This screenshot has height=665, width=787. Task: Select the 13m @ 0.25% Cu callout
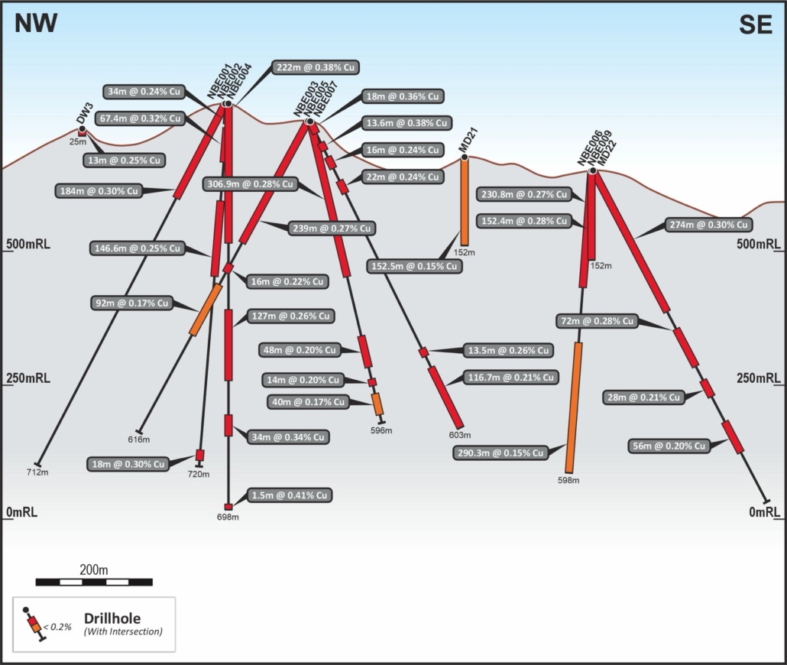click(125, 161)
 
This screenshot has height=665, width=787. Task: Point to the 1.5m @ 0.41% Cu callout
click(290, 496)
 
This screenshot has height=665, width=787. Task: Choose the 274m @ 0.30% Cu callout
click(708, 225)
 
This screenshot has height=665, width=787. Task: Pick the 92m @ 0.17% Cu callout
click(123, 303)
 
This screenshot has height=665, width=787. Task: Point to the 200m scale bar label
click(94, 570)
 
